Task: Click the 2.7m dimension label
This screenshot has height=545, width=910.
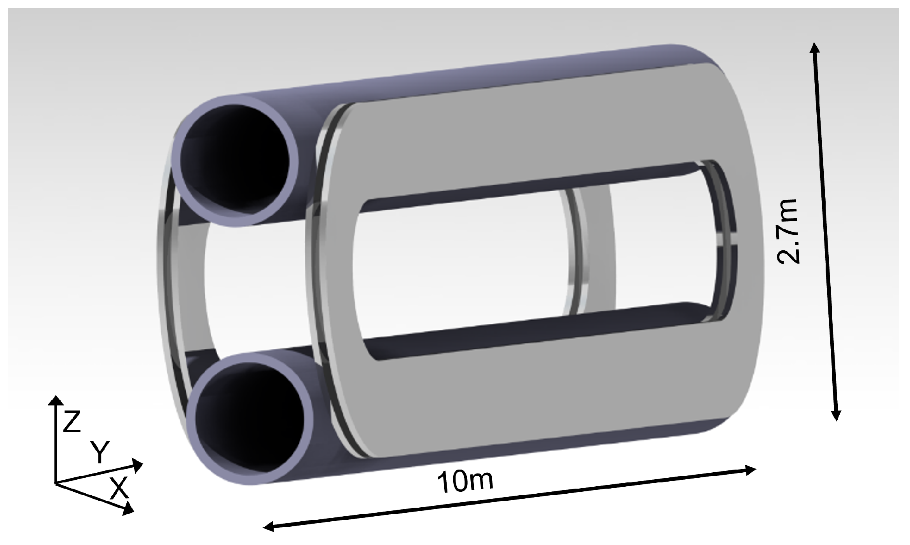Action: pyautogui.click(x=788, y=231)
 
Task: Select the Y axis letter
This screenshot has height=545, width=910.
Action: pyautogui.click(x=100, y=452)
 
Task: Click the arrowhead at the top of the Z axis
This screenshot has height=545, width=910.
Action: pyautogui.click(x=56, y=400)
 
